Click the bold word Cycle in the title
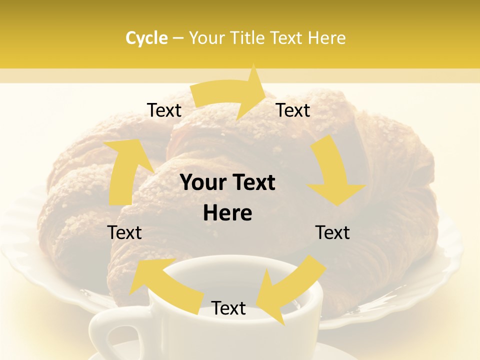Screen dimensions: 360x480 pyautogui.click(x=146, y=38)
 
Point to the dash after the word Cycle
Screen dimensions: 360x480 pyautogui.click(x=178, y=38)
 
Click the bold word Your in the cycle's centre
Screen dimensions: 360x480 pyautogui.click(x=204, y=183)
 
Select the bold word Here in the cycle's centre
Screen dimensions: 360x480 pyautogui.click(x=227, y=213)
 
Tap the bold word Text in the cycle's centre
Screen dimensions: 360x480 pyautogui.click(x=252, y=183)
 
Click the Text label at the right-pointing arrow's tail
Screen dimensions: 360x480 pyautogui.click(x=164, y=110)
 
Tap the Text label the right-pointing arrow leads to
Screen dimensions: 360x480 pyautogui.click(x=293, y=110)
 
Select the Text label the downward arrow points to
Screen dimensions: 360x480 pyautogui.click(x=332, y=232)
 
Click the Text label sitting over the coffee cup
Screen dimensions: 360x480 pyautogui.click(x=228, y=308)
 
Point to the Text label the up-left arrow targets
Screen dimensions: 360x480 pyautogui.click(x=125, y=232)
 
